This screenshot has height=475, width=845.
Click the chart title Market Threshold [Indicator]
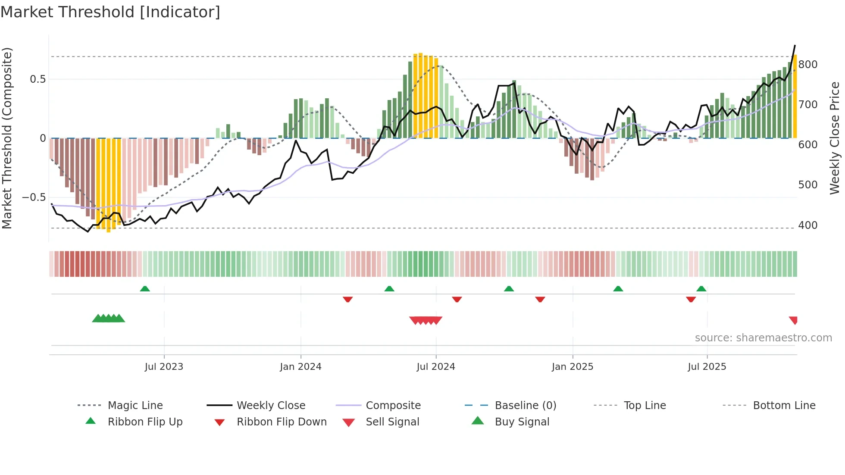click(x=110, y=12)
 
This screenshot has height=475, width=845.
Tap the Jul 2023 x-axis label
click(x=164, y=367)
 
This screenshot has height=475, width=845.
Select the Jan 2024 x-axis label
click(x=300, y=367)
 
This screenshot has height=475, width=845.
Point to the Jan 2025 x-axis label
click(x=572, y=367)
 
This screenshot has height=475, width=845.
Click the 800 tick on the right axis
click(x=807, y=65)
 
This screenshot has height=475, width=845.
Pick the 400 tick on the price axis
click(x=807, y=225)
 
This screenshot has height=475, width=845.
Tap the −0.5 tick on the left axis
click(x=34, y=197)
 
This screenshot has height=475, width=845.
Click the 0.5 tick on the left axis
click(x=38, y=79)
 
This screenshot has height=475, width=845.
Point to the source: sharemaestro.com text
click(x=763, y=338)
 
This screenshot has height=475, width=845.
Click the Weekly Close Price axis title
click(x=835, y=138)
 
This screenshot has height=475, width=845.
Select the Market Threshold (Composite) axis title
click(x=7, y=138)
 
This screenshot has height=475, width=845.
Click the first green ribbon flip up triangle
click(x=145, y=288)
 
